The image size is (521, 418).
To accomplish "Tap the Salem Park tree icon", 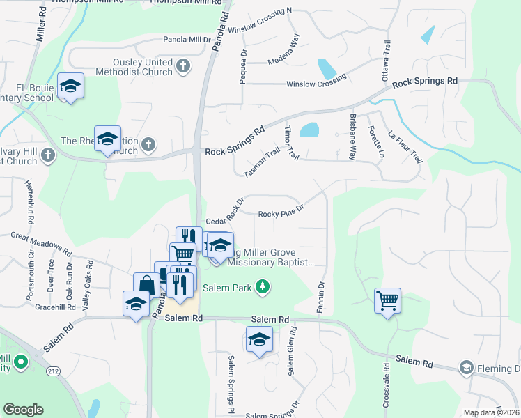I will tap(262, 286).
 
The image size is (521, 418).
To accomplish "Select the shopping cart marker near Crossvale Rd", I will tap(387, 301).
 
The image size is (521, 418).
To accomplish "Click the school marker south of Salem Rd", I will tap(259, 339).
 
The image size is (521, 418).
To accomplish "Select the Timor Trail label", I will tap(291, 144).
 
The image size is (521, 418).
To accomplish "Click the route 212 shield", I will tap(54, 372).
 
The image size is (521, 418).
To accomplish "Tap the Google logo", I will tap(23, 410).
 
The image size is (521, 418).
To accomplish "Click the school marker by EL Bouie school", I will tap(70, 86).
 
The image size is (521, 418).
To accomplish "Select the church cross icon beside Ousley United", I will tap(182, 66).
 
